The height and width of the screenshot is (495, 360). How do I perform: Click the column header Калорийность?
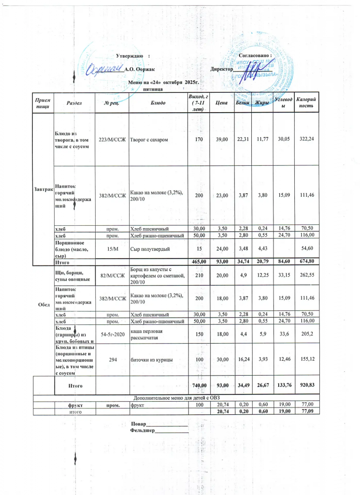pyautogui.click(x=306, y=102)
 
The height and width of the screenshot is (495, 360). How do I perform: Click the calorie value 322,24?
pyautogui.click(x=306, y=139)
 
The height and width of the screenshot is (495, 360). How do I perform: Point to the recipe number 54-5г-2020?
pyautogui.click(x=112, y=334)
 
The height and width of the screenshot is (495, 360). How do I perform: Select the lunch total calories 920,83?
pyautogui.click(x=306, y=385)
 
